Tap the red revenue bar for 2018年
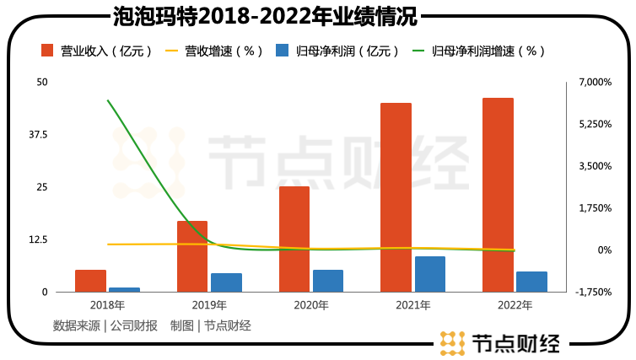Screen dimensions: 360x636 click(x=90, y=281)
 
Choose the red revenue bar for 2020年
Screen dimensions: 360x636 click(x=294, y=239)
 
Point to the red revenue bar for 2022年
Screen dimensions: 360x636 click(x=498, y=195)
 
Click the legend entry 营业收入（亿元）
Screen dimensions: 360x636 click(x=97, y=51)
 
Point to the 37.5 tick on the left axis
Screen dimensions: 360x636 click(x=39, y=135)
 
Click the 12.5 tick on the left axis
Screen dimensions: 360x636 click(x=39, y=239)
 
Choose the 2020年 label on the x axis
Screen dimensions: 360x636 click(x=311, y=304)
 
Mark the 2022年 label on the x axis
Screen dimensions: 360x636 click(x=515, y=304)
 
